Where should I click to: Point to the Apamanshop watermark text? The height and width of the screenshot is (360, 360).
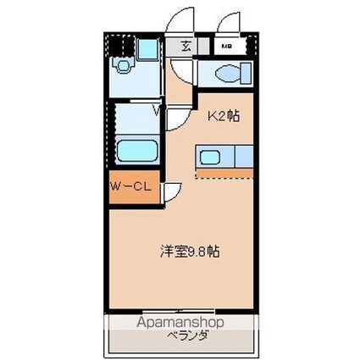(180, 323)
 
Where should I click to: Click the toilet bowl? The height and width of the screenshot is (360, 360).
(230, 74)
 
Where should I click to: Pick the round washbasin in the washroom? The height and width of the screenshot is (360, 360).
(125, 65)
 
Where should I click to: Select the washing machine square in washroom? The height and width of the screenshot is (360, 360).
(147, 49)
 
